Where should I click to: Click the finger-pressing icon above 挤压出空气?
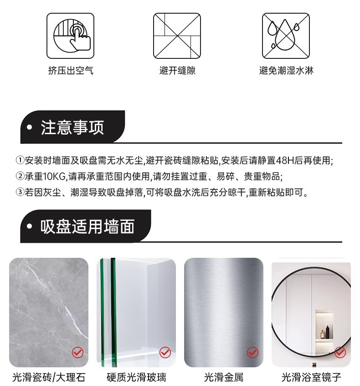tap(70, 36)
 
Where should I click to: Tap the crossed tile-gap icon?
tap(177, 36)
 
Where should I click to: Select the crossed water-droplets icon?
tap(286, 36)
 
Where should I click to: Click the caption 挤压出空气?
tap(71, 71)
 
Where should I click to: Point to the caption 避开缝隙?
tap(177, 71)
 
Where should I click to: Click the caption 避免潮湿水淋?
tap(286, 71)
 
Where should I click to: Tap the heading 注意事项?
tap(72, 127)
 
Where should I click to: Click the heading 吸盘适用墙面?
tap(87, 226)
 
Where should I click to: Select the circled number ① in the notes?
tap(20, 160)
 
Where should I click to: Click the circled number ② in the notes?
tap(20, 176)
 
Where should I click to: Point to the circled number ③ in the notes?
tap(20, 192)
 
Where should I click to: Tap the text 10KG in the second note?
tap(54, 177)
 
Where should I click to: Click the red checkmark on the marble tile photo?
tap(78, 353)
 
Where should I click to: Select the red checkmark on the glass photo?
tap(165, 353)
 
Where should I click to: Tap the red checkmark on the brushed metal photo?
tap(252, 353)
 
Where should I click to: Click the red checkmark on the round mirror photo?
tap(340, 353)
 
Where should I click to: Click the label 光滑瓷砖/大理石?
tap(49, 377)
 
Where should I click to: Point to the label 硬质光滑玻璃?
tap(136, 377)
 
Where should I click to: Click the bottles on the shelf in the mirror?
tap(325, 332)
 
